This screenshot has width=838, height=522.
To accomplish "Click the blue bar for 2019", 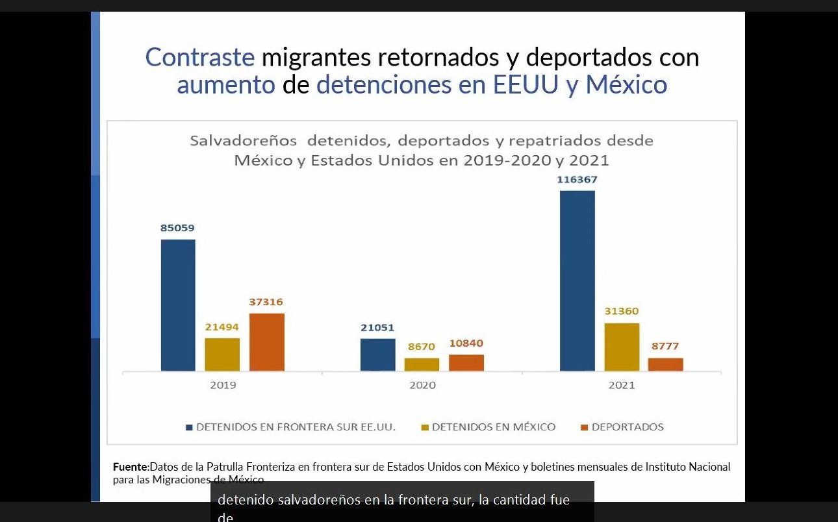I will [178, 305].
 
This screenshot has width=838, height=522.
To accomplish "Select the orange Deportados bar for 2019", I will [267, 342].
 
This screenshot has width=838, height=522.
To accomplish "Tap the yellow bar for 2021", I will [622, 347].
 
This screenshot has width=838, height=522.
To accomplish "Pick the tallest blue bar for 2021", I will [578, 280].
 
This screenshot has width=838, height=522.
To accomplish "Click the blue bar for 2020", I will [377, 354].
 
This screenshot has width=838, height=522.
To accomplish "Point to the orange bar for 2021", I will [665, 364].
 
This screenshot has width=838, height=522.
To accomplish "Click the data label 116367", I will [577, 179].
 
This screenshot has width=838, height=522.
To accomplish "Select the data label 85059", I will [177, 228].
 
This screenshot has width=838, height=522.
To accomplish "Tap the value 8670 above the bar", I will [422, 347].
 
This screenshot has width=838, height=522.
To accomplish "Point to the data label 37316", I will [266, 302].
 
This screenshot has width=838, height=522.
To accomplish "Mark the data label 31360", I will [622, 311].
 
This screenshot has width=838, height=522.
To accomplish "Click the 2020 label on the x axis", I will [422, 385].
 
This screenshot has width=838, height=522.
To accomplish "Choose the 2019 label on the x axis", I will [223, 385].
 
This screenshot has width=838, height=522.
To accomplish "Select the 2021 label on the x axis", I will [622, 385].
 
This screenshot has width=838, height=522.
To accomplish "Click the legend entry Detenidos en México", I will [493, 427].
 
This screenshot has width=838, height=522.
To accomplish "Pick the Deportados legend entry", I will [627, 427].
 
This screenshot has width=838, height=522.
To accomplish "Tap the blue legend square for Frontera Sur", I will [190, 427].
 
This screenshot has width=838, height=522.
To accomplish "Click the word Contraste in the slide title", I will [200, 57].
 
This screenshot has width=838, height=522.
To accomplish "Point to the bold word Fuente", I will [131, 467].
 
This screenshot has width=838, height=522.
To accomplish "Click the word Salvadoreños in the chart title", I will [243, 141].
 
